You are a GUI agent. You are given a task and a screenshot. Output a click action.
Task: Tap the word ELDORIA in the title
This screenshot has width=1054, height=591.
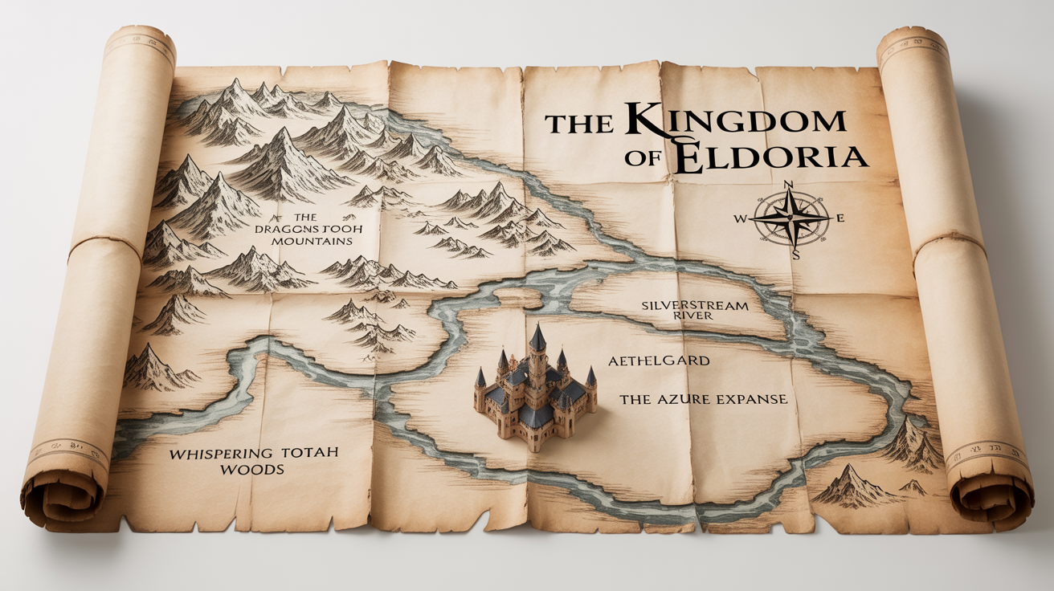click(771, 157)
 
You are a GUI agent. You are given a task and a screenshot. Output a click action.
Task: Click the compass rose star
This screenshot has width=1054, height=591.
click(791, 218)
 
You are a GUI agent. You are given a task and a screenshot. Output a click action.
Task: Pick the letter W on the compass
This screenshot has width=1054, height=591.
click(740, 218)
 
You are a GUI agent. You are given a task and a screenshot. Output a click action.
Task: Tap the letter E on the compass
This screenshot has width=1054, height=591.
click(840, 218)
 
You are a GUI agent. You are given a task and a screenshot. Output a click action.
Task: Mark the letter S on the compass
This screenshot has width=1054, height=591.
click(795, 255)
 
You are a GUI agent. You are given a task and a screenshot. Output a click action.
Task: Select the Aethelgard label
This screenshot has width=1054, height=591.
click(659, 361)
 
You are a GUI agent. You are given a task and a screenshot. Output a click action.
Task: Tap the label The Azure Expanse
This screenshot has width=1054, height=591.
click(703, 399)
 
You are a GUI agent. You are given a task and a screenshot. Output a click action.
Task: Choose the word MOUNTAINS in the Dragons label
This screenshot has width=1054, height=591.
click(317, 241)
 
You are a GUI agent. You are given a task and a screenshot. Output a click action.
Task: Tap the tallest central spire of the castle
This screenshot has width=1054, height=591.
click(537, 341)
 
